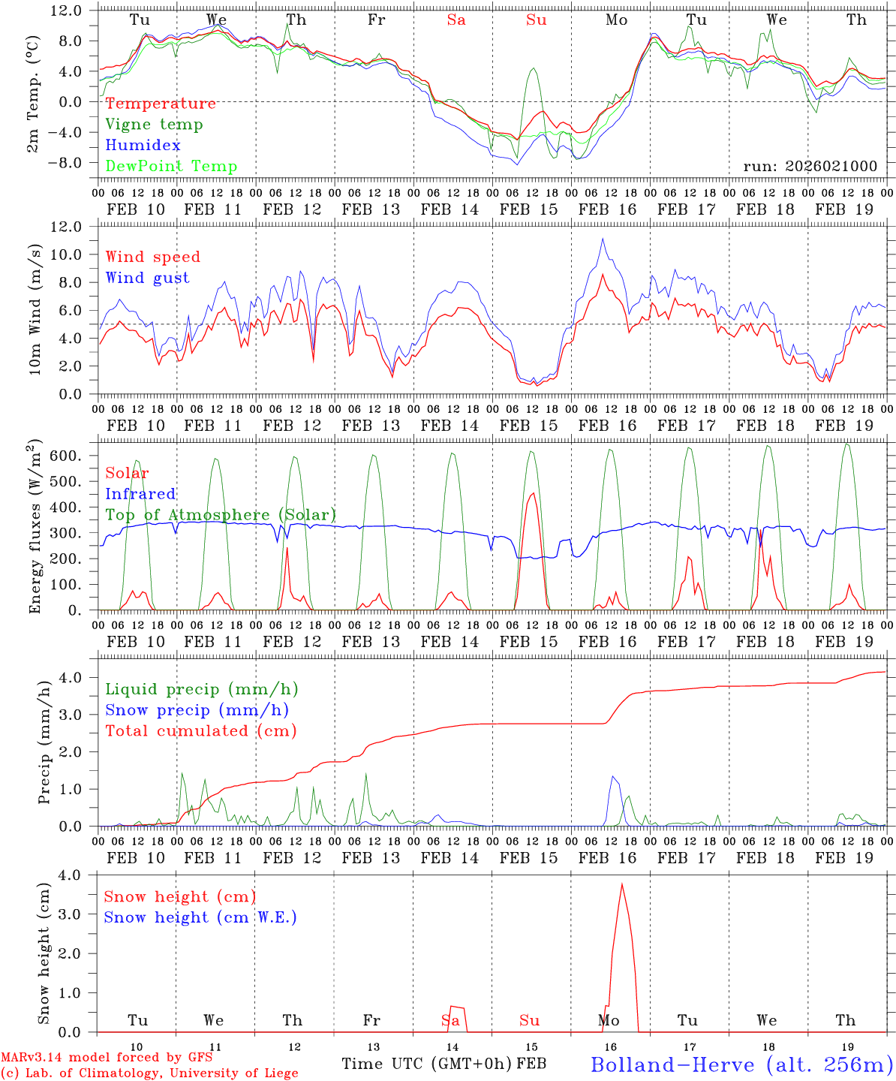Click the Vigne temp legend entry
click(x=154, y=125)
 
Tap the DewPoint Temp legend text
click(x=171, y=167)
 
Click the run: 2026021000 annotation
click(x=810, y=167)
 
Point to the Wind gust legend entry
click(x=147, y=278)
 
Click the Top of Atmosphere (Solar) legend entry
click(x=220, y=515)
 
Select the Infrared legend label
click(x=140, y=494)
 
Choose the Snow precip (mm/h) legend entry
click(x=197, y=710)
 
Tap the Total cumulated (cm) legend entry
click(x=201, y=731)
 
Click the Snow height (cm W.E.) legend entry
click(x=200, y=917)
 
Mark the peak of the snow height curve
click(x=621, y=884)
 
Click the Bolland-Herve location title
click(x=741, y=1064)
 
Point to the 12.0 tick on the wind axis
click(x=65, y=227)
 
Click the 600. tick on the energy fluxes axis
click(x=65, y=456)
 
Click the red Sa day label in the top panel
click(x=456, y=20)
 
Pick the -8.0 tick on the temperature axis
click(x=65, y=163)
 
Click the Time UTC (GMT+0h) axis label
click(x=427, y=1064)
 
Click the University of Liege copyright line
click(x=149, y=1073)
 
